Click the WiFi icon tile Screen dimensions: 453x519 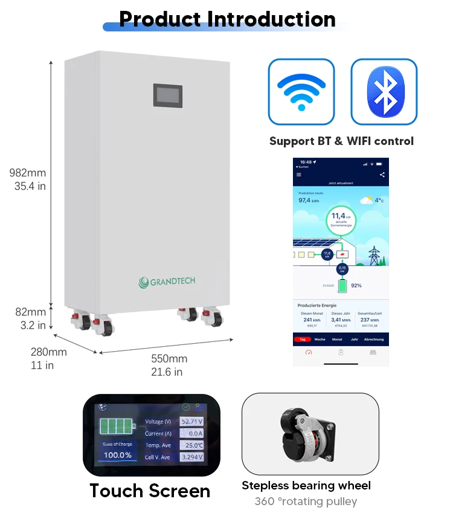pyautogui.click(x=301, y=92)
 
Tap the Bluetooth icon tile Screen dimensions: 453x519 pyautogui.click(x=384, y=92)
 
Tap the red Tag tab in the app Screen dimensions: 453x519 pyautogui.click(x=303, y=340)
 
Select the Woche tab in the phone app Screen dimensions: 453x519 pyautogui.click(x=320, y=340)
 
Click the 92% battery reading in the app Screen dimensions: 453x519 pyautogui.click(x=356, y=285)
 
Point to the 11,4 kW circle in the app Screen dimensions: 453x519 pyautogui.click(x=341, y=220)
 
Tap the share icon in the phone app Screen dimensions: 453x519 pyautogui.click(x=382, y=175)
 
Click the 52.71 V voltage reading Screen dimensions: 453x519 pyautogui.click(x=191, y=421)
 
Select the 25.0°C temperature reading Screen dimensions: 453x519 pyautogui.click(x=192, y=445)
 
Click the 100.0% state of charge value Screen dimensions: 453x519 pyautogui.click(x=118, y=455)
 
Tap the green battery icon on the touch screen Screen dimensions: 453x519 pyautogui.click(x=117, y=427)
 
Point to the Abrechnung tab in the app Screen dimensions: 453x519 pyautogui.click(x=373, y=340)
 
